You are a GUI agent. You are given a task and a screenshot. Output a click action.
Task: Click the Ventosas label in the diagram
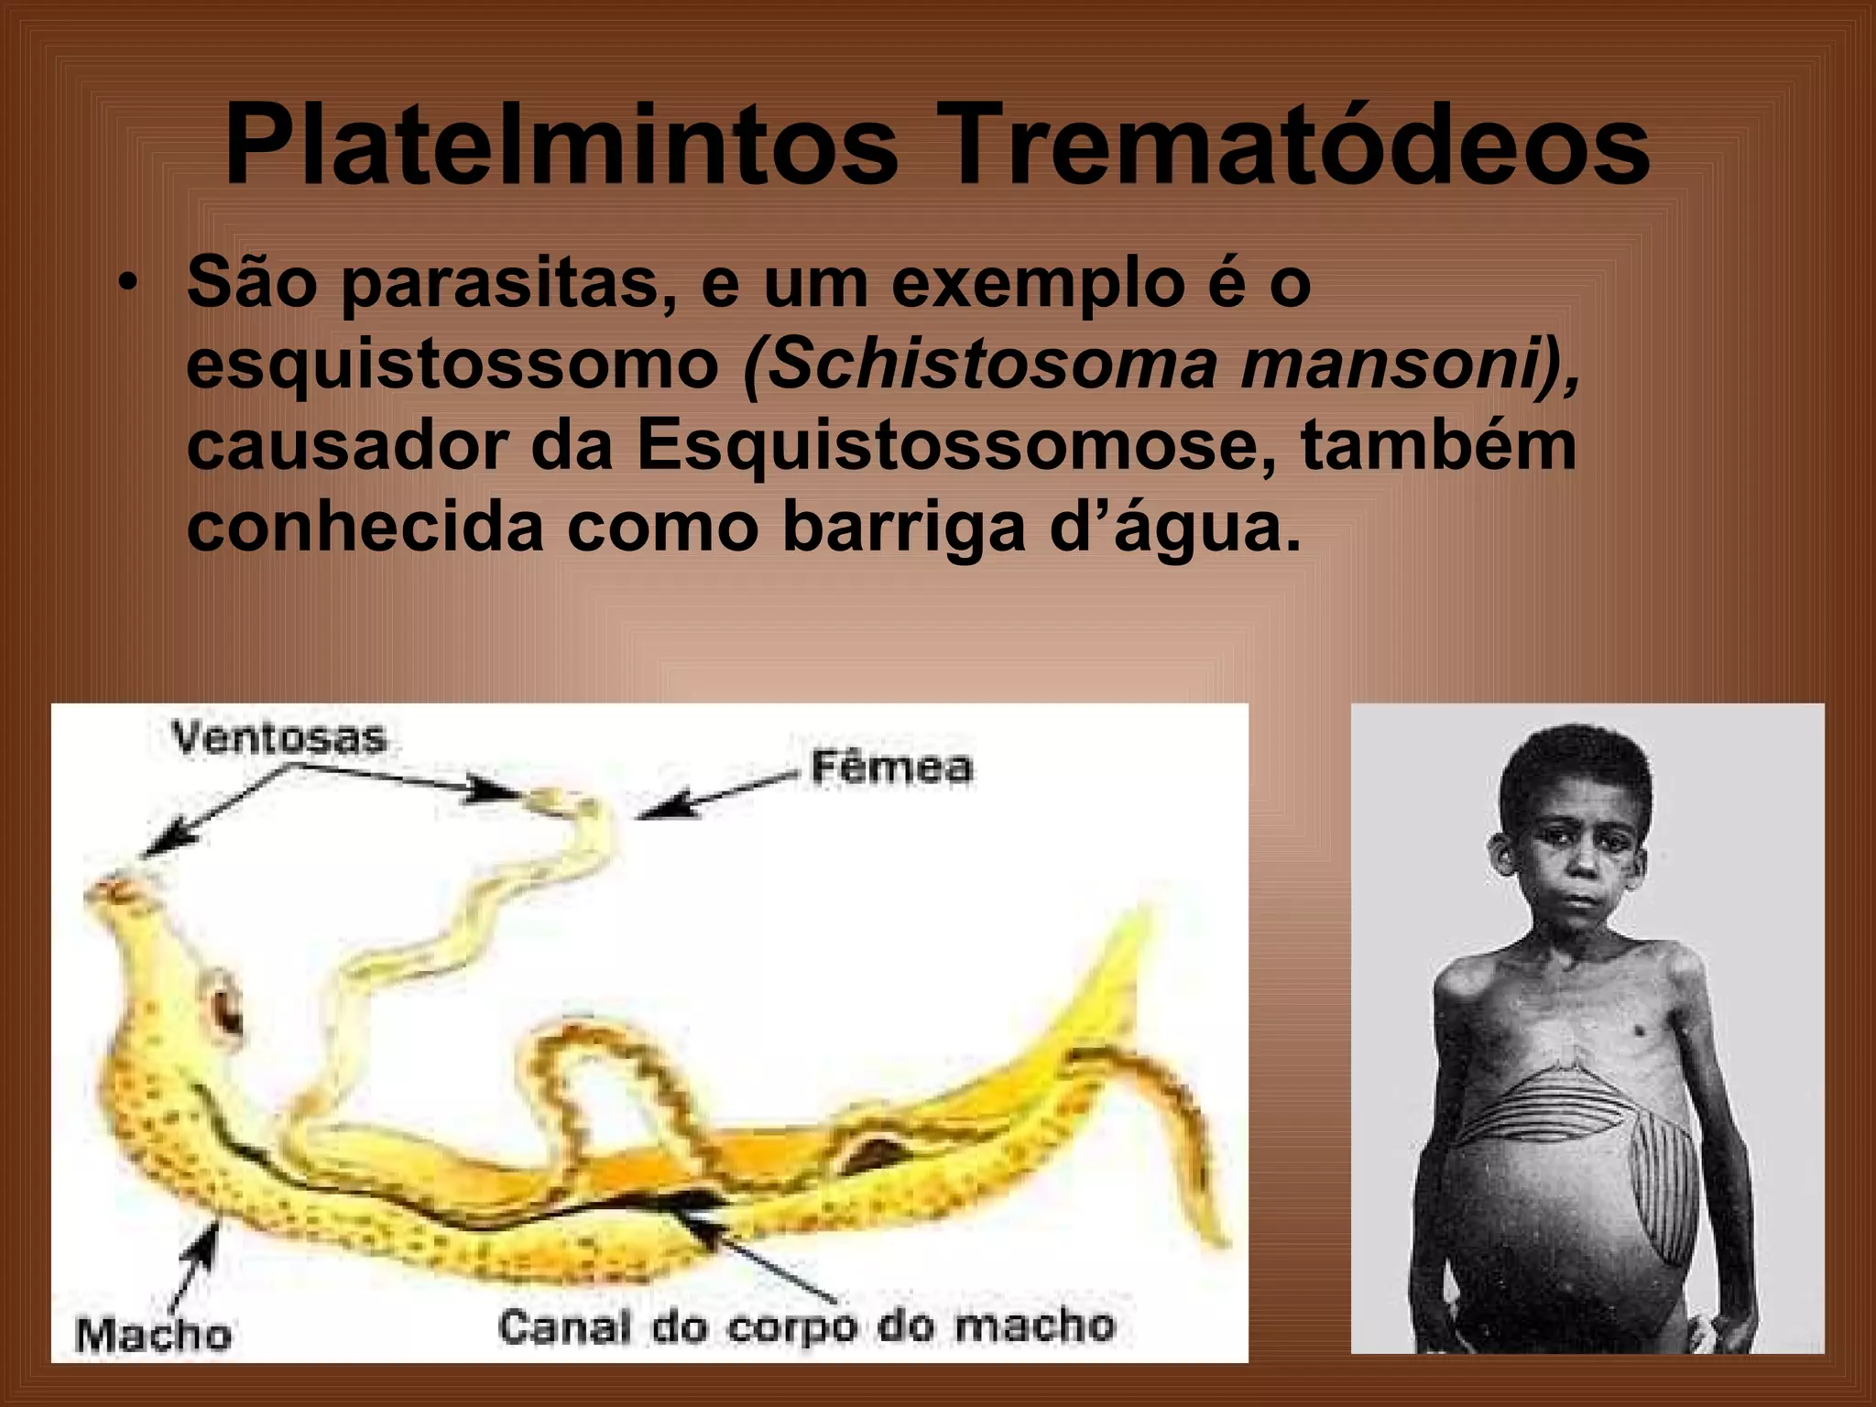pyautogui.click(x=279, y=738)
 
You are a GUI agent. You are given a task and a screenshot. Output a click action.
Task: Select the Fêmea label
pyautogui.click(x=891, y=768)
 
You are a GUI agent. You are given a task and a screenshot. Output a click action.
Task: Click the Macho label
pyautogui.click(x=153, y=1335)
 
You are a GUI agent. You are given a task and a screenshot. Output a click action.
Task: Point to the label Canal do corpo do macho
pyautogui.click(x=806, y=1326)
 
